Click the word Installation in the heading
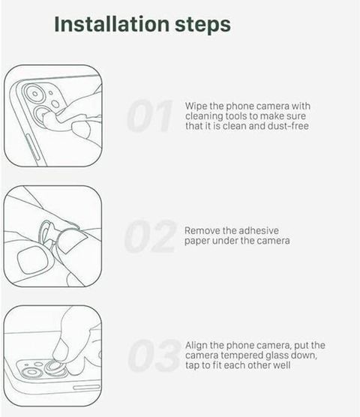112,24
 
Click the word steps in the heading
202,25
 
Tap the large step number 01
149,115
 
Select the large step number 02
150,236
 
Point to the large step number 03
154,355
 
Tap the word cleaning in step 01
204,116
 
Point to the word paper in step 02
197,241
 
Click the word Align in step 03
196,345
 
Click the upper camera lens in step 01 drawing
34,94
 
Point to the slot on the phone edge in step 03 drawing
86,387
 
